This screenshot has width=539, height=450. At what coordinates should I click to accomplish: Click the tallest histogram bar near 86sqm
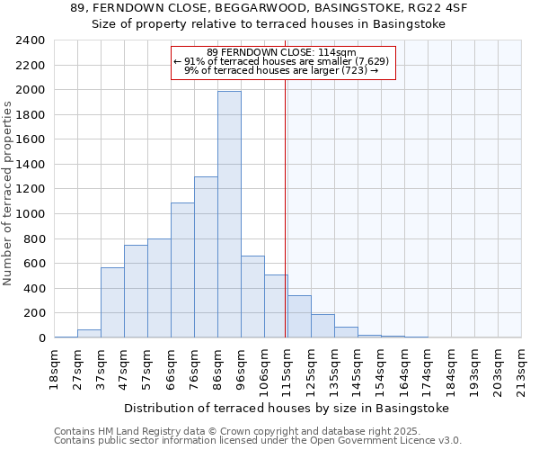(x=229, y=214)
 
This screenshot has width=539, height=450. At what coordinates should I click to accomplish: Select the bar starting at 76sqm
(x=206, y=257)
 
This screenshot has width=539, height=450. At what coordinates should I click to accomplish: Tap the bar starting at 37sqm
(x=112, y=302)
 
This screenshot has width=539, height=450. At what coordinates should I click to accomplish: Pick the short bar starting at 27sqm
(x=89, y=334)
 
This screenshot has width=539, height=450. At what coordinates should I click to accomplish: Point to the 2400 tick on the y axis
(x=31, y=40)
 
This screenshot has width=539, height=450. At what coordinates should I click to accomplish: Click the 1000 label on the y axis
(x=31, y=214)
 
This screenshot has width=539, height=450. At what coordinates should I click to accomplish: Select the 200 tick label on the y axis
(x=35, y=313)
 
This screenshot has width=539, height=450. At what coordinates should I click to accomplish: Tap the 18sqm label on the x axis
(x=54, y=366)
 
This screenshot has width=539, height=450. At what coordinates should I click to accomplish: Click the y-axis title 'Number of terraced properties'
(x=9, y=193)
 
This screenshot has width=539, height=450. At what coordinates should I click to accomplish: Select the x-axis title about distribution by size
(x=286, y=408)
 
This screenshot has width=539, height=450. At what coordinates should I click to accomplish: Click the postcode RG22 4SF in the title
(x=441, y=8)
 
